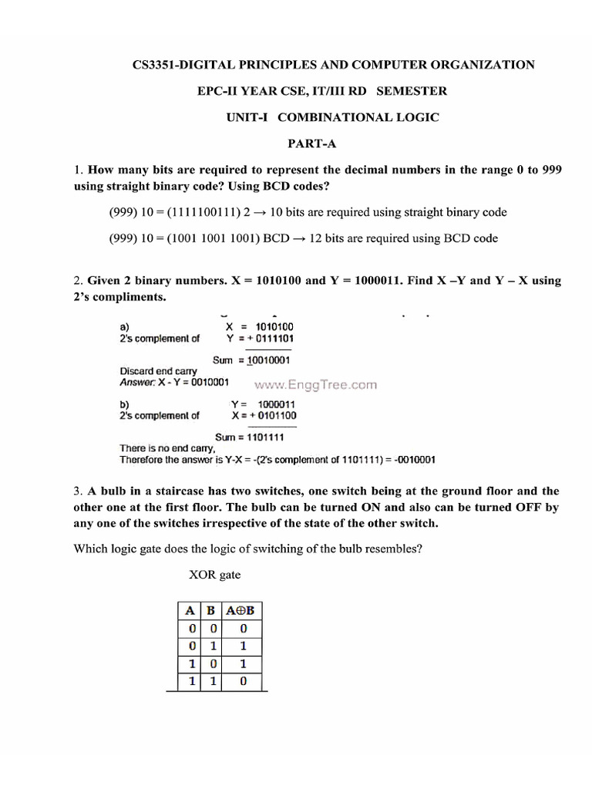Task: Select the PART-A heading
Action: pos(312,143)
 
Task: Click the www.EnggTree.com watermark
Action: pos(316,384)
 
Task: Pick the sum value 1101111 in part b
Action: pos(271,437)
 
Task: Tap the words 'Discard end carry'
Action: pos(158,371)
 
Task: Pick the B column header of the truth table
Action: pos(210,611)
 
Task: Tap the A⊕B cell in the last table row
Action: pos(242,682)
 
